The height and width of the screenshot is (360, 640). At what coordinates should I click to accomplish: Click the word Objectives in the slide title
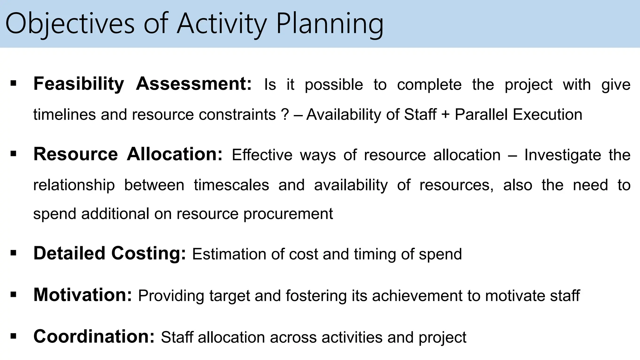pyautogui.click(x=70, y=24)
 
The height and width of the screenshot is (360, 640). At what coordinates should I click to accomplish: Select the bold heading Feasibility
pyautogui.click(x=79, y=84)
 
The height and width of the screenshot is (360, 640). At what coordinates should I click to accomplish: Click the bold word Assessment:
pyautogui.click(x=194, y=84)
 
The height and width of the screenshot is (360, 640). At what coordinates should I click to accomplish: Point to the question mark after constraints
pyautogui.click(x=285, y=114)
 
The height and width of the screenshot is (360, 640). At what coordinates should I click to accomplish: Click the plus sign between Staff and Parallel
pyautogui.click(x=445, y=114)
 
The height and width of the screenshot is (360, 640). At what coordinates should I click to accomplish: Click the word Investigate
pyautogui.click(x=562, y=155)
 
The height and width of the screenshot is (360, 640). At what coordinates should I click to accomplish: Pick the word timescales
pyautogui.click(x=231, y=185)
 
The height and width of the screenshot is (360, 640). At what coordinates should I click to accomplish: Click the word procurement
pyautogui.click(x=288, y=214)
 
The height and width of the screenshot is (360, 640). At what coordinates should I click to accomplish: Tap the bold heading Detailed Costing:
pyautogui.click(x=110, y=253)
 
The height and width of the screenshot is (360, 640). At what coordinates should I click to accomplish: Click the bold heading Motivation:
pyautogui.click(x=83, y=295)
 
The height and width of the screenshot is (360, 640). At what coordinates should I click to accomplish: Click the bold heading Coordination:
pyautogui.click(x=94, y=336)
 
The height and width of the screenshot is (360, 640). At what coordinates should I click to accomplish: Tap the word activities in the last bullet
pyautogui.click(x=352, y=337)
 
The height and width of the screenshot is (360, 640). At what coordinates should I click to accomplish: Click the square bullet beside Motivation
pyautogui.click(x=13, y=295)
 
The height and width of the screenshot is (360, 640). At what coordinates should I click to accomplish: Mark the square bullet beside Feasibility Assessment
pyautogui.click(x=13, y=83)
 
